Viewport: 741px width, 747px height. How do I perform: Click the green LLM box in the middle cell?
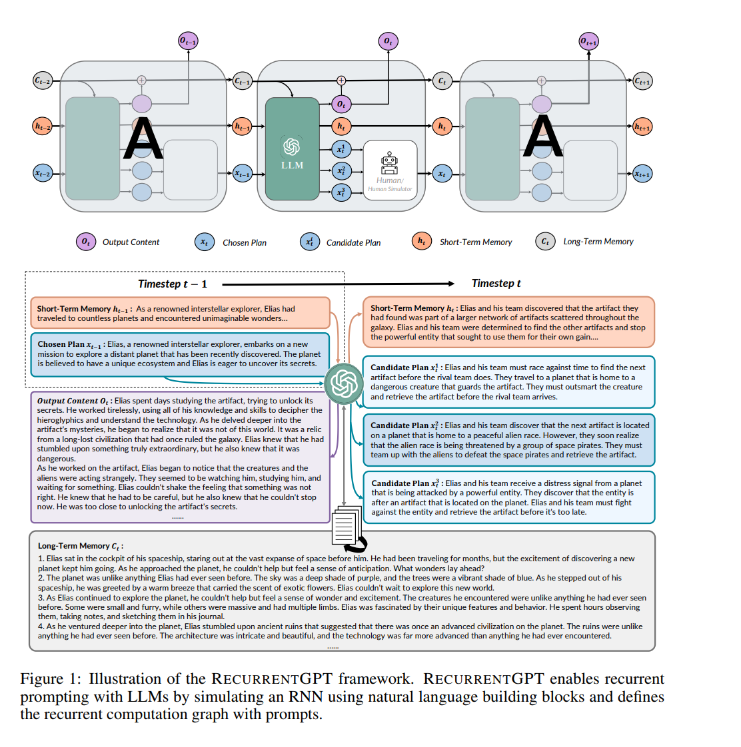[292, 149]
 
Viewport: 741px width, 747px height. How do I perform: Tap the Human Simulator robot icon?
[389, 162]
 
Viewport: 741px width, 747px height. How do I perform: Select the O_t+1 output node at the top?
[588, 41]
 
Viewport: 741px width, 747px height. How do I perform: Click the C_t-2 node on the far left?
[42, 81]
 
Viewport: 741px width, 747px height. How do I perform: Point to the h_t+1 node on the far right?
[642, 126]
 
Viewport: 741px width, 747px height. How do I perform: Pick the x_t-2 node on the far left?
[42, 173]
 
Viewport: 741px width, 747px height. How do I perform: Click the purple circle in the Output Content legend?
[85, 242]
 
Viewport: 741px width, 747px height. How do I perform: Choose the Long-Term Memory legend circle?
[545, 241]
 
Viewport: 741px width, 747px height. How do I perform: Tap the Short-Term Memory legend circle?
[421, 241]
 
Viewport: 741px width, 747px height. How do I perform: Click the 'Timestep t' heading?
[496, 283]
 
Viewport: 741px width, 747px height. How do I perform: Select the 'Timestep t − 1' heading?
[172, 284]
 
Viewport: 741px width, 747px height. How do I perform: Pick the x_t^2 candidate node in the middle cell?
[341, 170]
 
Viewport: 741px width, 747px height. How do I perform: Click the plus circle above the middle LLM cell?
[341, 81]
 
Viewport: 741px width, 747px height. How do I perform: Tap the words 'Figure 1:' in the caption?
[51, 678]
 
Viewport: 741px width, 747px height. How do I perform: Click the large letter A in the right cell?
[543, 137]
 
